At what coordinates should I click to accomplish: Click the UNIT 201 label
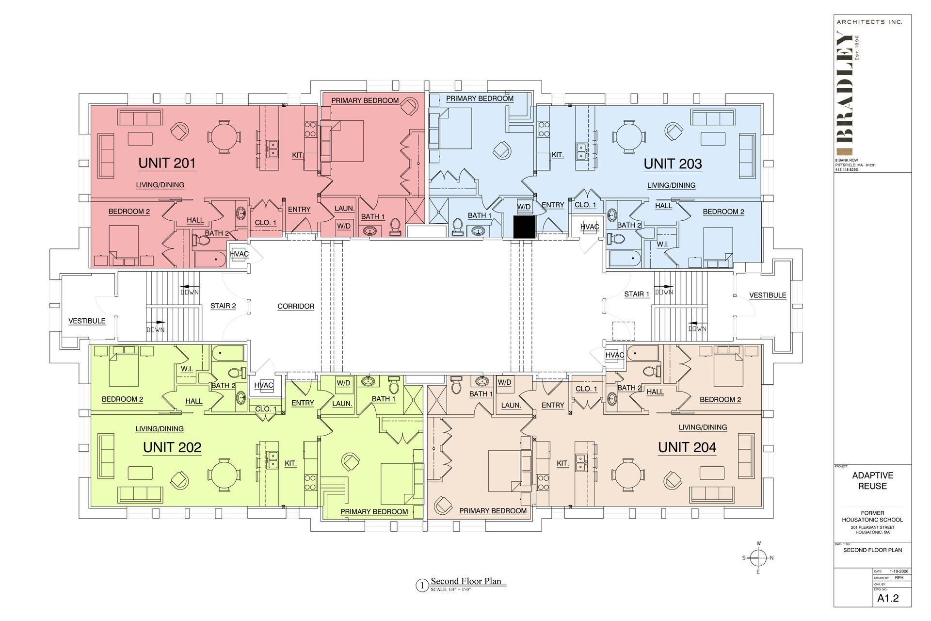click(x=167, y=163)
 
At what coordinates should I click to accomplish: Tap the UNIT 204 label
click(x=687, y=447)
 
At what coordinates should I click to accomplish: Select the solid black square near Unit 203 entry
click(x=524, y=227)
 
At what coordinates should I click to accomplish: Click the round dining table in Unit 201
click(x=224, y=137)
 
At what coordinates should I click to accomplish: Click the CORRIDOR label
click(x=296, y=307)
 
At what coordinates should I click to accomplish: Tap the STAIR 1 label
click(x=636, y=294)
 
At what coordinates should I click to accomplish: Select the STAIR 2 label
click(x=223, y=306)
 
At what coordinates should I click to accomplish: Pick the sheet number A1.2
click(x=888, y=598)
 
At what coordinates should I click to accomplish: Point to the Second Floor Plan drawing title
click(x=465, y=581)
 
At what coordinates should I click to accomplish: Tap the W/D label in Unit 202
click(x=343, y=383)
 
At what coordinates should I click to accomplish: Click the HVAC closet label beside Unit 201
click(x=239, y=254)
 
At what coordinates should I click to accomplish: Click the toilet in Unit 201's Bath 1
click(x=395, y=226)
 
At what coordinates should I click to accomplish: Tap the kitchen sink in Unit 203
click(x=581, y=151)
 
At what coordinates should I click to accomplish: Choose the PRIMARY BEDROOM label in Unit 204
click(x=493, y=511)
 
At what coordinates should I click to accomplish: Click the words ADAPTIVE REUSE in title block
click(x=872, y=481)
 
